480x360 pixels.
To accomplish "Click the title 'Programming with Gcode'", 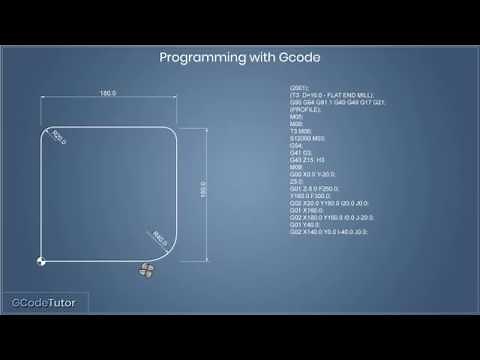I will pos(239,58).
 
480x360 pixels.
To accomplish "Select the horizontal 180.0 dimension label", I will pos(108,94).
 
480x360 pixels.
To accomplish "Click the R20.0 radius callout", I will pos(58,135).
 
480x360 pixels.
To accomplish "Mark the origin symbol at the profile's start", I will pos(40,261).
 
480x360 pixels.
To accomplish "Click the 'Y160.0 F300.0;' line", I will pos(309,201).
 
